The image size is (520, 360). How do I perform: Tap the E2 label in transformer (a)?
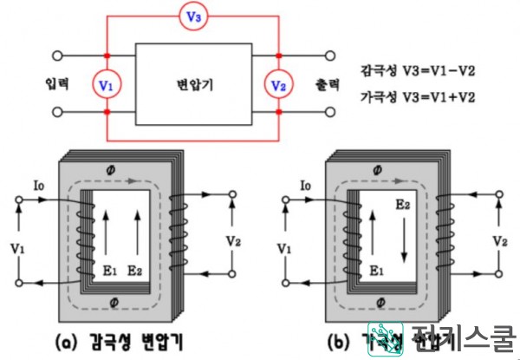click(x=134, y=272)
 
